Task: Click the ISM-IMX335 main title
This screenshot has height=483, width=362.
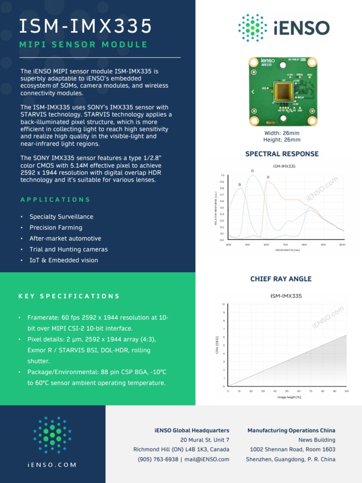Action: pos(85,26)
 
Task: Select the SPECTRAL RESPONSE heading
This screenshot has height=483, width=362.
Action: pos(282,154)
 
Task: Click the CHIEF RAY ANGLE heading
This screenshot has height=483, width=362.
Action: pos(281,279)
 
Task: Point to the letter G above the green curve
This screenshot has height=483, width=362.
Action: pos(252,170)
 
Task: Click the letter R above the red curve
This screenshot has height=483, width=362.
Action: pos(268,177)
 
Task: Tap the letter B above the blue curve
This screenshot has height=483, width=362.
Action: pos(239,184)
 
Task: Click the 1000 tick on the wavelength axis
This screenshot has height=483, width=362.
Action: pos(342,245)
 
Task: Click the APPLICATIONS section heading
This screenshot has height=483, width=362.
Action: pos(55,200)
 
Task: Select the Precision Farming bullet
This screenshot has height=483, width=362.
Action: pos(56,227)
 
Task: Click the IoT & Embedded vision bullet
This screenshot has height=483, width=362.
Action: pos(64,260)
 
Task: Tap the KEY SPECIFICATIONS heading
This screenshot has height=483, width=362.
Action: pos(69,296)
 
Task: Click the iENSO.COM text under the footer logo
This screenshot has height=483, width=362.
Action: pos(52,465)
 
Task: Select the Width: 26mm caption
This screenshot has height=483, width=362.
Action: pos(282,133)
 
